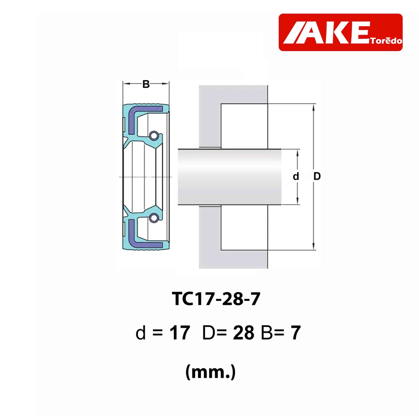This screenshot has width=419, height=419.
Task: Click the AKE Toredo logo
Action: click(x=340, y=32)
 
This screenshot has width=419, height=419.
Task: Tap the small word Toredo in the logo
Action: click(x=386, y=41)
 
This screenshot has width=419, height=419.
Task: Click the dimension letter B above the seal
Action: click(x=146, y=84)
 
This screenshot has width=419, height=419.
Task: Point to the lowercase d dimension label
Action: click(x=295, y=176)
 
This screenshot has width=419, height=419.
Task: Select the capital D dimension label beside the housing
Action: click(x=317, y=176)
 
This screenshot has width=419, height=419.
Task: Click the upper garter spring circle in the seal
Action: click(x=154, y=136)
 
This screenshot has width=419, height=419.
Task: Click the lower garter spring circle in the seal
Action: click(x=153, y=218)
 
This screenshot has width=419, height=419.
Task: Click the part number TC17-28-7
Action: click(x=216, y=299)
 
